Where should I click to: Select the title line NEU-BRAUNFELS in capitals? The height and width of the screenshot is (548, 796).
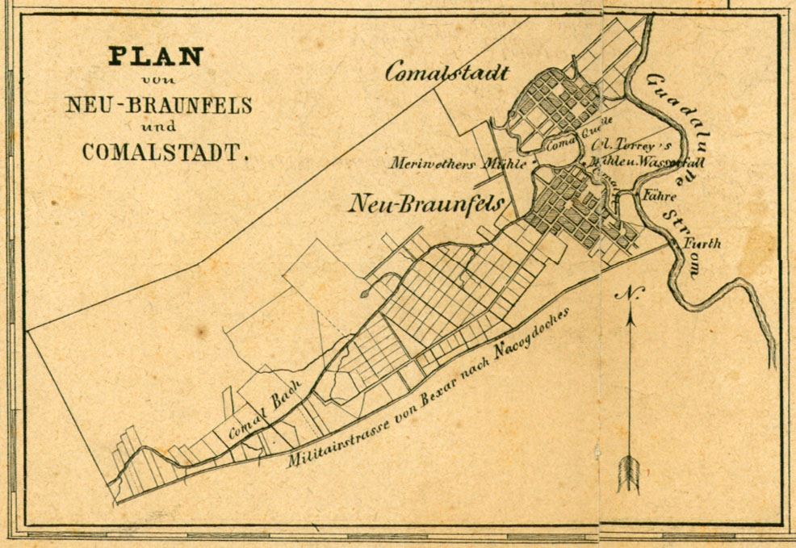click(x=160, y=105)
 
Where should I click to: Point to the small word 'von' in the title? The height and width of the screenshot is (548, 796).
click(x=157, y=80)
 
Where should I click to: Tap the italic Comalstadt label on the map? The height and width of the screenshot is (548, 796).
click(x=446, y=73)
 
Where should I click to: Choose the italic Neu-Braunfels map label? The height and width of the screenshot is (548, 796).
click(x=426, y=203)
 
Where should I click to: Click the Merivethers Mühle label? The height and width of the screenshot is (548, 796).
click(x=459, y=164)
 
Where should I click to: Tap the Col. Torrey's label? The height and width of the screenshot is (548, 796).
click(x=622, y=145)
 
